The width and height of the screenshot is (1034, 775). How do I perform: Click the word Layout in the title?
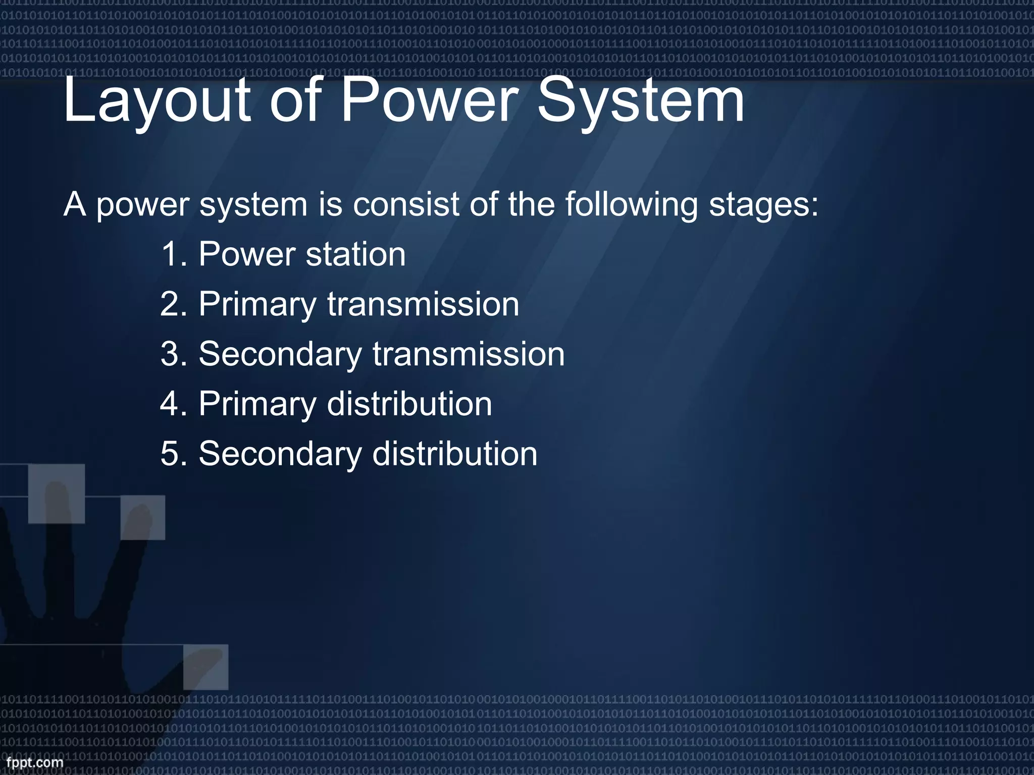(x=157, y=101)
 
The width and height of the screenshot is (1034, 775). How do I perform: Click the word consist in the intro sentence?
(x=406, y=205)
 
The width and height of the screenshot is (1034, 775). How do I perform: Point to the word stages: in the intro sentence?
(x=763, y=206)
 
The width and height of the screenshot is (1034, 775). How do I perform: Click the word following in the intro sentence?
(x=631, y=206)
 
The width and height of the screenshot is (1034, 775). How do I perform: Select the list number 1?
(x=173, y=254)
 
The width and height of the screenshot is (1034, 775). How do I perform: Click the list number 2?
(x=173, y=304)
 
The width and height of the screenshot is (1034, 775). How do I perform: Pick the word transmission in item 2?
(x=423, y=304)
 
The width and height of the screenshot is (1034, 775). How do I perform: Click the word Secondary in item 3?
(x=280, y=354)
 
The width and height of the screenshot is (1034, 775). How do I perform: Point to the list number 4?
(x=173, y=404)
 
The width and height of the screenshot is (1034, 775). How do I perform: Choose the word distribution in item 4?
(x=409, y=404)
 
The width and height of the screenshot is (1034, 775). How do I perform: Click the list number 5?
(x=173, y=454)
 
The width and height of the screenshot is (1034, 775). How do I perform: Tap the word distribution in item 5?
(x=454, y=454)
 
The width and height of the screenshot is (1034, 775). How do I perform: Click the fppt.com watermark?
(x=34, y=762)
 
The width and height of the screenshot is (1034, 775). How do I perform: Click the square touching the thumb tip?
(x=205, y=667)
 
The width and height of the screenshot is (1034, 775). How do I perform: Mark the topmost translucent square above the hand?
(x=56, y=493)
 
